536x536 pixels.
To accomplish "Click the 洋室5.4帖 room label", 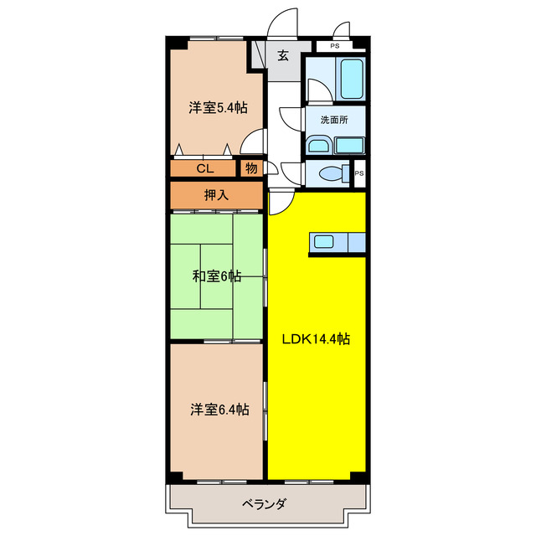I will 216,107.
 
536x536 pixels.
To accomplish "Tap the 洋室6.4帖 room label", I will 218,410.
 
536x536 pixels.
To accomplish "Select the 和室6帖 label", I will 217,276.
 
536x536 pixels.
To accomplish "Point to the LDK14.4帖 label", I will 316,339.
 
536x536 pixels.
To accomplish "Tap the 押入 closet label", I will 216,195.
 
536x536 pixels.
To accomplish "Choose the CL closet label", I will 204,168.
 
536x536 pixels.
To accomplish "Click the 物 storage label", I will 250,168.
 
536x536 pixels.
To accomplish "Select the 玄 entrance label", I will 283,56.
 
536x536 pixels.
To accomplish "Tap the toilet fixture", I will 334,175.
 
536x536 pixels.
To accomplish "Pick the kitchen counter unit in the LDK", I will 338,242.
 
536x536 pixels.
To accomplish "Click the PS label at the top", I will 334,46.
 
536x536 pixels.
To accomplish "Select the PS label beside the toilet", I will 359,173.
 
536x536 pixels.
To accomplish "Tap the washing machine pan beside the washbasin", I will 348,145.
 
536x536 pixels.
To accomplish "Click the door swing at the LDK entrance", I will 280,201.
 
